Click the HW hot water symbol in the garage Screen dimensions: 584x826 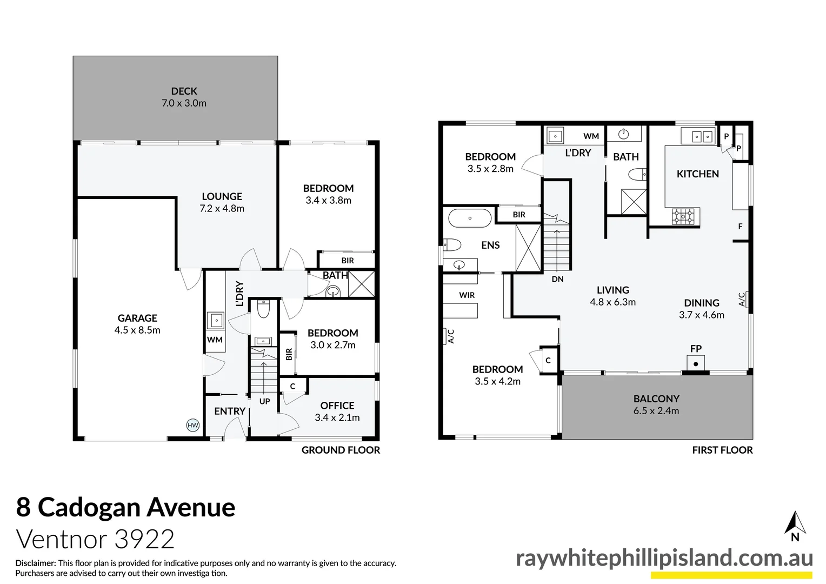coord(193,425)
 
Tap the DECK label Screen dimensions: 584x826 coord(184,91)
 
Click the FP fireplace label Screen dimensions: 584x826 coord(696,349)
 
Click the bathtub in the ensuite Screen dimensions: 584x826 coord(469,218)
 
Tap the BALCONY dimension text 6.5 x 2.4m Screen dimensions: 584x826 coord(656,411)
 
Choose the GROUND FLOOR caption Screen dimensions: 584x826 coord(341,450)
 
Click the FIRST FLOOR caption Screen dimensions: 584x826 coord(722,450)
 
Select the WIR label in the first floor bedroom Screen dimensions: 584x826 coord(467,295)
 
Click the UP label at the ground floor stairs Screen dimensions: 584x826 coord(264,401)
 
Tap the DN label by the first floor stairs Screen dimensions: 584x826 coord(558,279)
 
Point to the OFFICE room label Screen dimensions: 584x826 coord(337,406)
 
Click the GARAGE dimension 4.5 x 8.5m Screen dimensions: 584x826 coord(137,330)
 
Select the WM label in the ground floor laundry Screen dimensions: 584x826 coord(215,340)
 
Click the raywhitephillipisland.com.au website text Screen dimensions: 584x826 coord(664,558)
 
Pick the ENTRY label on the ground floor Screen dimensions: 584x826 coord(230,411)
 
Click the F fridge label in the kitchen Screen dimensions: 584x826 coord(741,227)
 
